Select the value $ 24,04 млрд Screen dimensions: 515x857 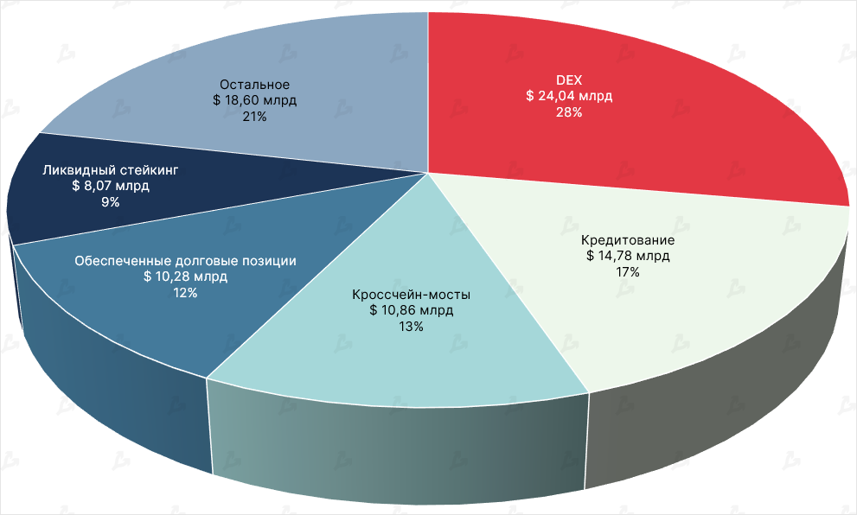click(x=568, y=96)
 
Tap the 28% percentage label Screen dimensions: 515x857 click(x=568, y=112)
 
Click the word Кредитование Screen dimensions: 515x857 click(x=628, y=239)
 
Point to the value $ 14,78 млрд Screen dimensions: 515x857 click(x=628, y=256)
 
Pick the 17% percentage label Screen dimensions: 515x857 click(x=628, y=272)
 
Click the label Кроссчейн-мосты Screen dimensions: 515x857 click(x=411, y=294)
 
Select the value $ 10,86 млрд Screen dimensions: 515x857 click(x=411, y=310)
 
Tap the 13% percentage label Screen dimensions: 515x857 click(x=411, y=327)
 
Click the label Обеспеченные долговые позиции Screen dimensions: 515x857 click(x=186, y=260)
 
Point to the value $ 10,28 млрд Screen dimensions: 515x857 click(x=186, y=277)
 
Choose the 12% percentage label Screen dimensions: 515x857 click(x=186, y=293)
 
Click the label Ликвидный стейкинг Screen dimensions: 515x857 click(x=110, y=169)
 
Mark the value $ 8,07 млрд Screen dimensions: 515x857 click(x=110, y=186)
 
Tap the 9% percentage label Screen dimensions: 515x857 click(x=110, y=202)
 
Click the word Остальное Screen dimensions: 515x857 click(x=254, y=84)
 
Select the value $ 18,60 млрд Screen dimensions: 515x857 click(x=254, y=100)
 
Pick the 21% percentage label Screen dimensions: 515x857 click(x=254, y=117)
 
